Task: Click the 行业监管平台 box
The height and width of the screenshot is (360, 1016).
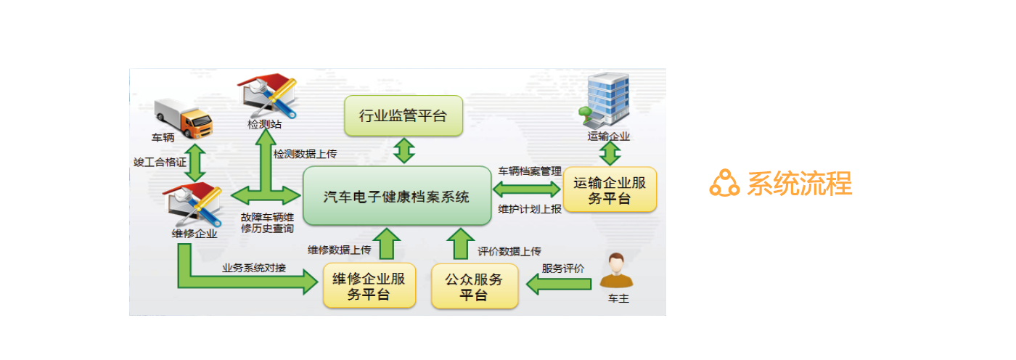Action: pos(403,115)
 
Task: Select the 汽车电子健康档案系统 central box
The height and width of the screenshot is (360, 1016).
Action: pos(397,196)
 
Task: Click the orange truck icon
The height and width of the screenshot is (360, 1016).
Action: pos(183,118)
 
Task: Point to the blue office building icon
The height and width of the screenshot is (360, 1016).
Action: pos(605,101)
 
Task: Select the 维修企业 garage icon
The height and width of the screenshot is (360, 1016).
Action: pos(192,206)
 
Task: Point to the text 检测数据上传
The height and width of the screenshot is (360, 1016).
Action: pos(305,155)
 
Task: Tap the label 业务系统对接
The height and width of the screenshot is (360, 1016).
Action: pos(254,268)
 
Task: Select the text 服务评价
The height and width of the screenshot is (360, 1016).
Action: pos(563,268)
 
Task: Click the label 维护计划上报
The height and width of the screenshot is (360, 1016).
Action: pos(530,210)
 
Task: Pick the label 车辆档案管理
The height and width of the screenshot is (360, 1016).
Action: pos(530,171)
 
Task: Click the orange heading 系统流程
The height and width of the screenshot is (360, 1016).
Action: pos(799,183)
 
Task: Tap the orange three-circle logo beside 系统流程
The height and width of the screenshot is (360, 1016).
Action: pos(724,183)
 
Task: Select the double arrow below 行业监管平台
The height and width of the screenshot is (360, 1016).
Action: pos(403,151)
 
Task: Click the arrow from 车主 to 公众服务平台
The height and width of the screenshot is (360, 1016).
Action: pos(558,284)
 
